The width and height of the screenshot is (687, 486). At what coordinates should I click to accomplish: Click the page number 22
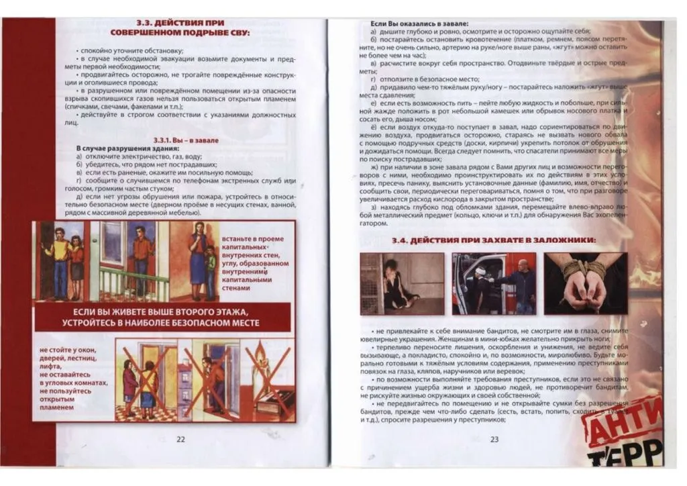180,439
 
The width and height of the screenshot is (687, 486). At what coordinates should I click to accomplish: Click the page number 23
494,439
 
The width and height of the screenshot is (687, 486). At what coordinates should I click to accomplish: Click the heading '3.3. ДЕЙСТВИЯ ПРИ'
180,22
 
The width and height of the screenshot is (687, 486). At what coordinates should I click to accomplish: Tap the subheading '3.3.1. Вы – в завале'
180,140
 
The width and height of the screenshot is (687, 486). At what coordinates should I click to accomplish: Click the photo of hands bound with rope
585,283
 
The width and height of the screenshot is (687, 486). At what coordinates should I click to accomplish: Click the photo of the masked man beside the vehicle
494,283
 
